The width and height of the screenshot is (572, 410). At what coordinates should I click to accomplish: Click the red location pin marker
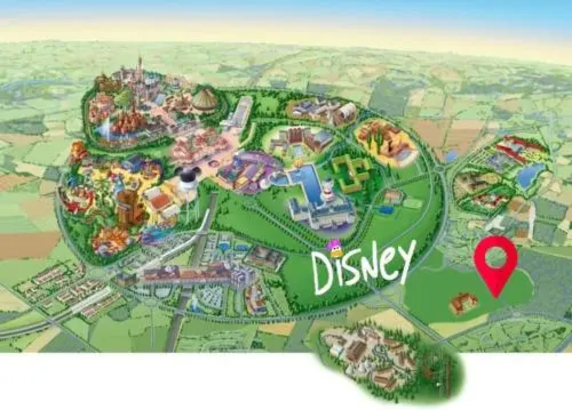pos(495,262)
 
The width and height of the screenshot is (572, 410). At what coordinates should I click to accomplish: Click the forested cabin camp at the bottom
pos(384,361)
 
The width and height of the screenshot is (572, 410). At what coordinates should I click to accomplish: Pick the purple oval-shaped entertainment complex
pos(247,171)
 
